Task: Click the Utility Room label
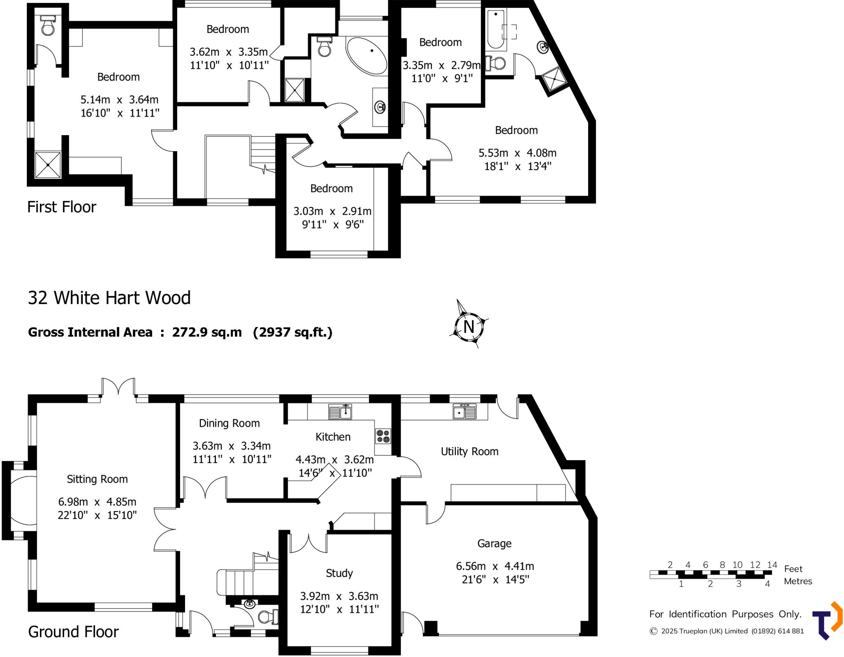point(469,451)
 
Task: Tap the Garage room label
point(494,544)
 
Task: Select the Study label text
point(339,573)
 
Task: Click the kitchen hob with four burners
point(383,436)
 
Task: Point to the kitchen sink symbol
point(340,412)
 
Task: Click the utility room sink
point(464,411)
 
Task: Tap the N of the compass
point(469,327)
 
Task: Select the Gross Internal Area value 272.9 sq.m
point(207,332)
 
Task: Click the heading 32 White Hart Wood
point(109,298)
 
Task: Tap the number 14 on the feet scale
point(772,565)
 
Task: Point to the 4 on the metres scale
point(767,584)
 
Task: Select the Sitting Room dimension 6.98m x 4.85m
point(97,502)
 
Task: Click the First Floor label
point(62,207)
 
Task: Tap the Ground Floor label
point(73,631)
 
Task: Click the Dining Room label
point(229,423)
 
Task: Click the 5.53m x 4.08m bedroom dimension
point(517,153)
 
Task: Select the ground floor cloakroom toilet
point(267,617)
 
